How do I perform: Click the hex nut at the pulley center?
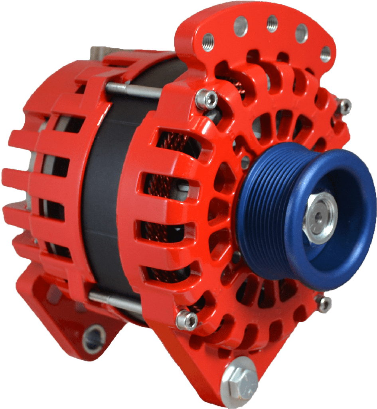[320, 218]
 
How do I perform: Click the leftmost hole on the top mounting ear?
[208, 42]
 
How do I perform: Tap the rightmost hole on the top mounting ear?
[326, 54]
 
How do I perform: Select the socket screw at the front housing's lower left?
[187, 320]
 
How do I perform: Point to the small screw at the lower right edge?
[324, 304]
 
